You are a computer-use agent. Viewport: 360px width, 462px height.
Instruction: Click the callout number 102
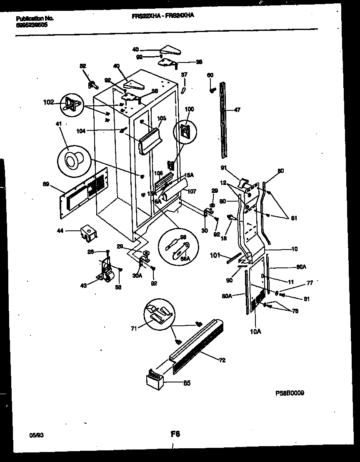coord(48,101)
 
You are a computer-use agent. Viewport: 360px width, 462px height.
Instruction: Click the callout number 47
coord(237,110)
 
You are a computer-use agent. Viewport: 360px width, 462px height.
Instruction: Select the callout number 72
coord(222,360)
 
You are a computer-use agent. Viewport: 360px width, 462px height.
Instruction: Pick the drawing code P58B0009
coord(290,393)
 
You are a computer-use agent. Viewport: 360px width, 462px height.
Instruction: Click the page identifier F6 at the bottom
coord(175,434)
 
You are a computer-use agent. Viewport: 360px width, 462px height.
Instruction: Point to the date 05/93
coord(36,435)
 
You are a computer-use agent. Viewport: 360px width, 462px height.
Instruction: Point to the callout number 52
coord(83,66)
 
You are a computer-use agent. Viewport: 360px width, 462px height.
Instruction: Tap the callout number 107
coord(192,192)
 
